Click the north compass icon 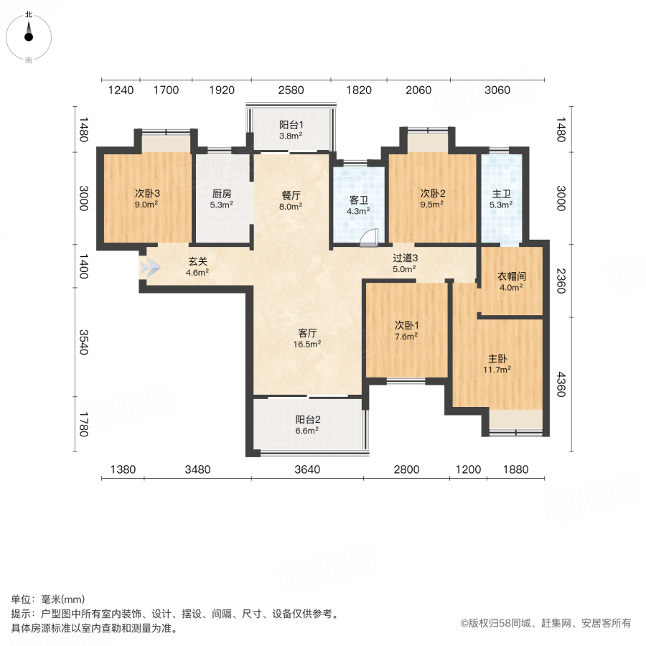coord(29,34)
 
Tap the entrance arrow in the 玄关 coord(151,268)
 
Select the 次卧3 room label coord(146,193)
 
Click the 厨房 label coord(221,193)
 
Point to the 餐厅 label coord(291,193)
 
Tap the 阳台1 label coord(291,123)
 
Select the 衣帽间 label coord(510,276)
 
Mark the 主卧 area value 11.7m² coord(497,370)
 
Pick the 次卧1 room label coord(406,324)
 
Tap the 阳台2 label coord(307,420)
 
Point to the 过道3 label coord(405,258)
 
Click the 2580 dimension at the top coord(291,90)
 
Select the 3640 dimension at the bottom coord(306,469)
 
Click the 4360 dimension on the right coord(562,378)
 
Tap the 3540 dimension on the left coord(84,342)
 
